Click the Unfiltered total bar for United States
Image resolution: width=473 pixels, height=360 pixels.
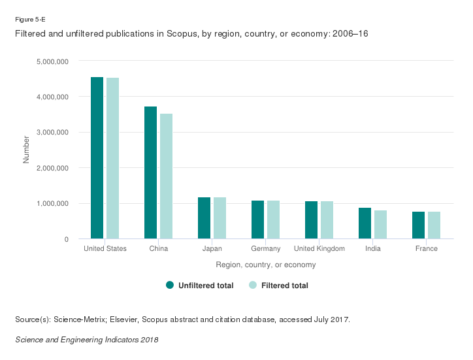pos(97,158)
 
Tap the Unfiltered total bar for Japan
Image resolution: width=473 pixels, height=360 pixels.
pos(204,218)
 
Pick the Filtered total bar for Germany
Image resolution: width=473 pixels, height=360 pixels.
pos(273,220)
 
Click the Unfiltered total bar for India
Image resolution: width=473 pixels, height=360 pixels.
pos(365,223)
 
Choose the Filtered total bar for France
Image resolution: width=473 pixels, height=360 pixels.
pos(434,225)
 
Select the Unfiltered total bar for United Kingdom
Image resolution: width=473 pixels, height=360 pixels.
pos(311,220)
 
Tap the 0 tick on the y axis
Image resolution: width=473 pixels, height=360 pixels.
pos(67,239)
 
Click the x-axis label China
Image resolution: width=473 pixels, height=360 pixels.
pos(159,249)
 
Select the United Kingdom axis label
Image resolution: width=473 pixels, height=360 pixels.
pos(319,249)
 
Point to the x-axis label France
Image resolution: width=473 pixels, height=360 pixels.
pos(427,249)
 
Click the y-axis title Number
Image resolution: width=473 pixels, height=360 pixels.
pos(27,150)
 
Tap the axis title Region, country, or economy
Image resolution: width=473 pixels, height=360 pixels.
pos(266,265)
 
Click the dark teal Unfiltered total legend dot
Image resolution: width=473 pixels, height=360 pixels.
pos(170,285)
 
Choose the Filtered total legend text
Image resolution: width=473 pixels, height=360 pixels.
pos(284,286)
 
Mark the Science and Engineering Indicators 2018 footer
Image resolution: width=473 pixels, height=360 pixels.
pos(86,340)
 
